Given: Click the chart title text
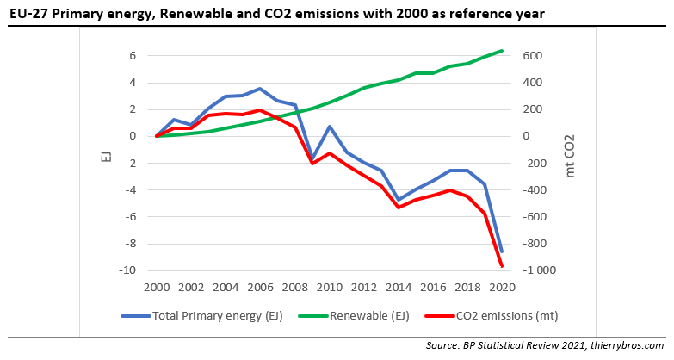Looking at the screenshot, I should pyautogui.click(x=276, y=14).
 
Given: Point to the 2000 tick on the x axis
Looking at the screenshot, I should pyautogui.click(x=156, y=287).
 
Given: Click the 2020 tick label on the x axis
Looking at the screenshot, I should pyautogui.click(x=503, y=287).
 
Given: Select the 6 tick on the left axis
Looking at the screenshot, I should pyautogui.click(x=133, y=56).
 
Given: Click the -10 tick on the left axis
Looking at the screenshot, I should pyautogui.click(x=130, y=270).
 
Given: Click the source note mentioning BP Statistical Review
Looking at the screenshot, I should pyautogui.click(x=547, y=345).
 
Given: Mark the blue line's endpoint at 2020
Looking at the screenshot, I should pyautogui.click(x=503, y=251).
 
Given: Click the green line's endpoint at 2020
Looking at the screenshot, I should pyautogui.click(x=503, y=50).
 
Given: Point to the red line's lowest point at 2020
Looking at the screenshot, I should pyautogui.click(x=503, y=266).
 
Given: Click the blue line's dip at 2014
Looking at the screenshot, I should pyautogui.click(x=399, y=200).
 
